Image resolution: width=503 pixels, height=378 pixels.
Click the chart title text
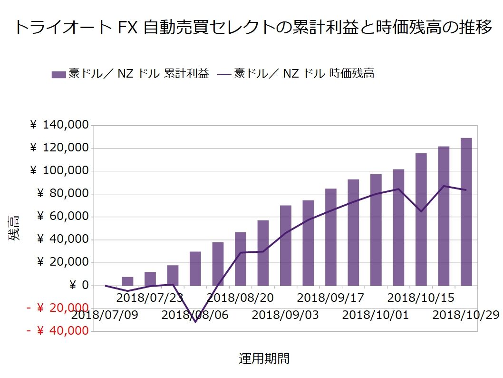[x=252, y=28]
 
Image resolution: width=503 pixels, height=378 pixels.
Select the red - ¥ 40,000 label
[x=58, y=330]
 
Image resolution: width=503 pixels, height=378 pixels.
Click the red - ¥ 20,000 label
[x=58, y=308]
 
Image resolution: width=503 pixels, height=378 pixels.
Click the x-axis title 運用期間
[x=264, y=358]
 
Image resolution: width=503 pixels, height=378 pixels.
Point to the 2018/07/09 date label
[x=105, y=315]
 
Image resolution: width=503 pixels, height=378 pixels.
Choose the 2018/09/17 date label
[x=330, y=298]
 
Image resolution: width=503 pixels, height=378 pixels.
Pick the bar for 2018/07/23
[x=150, y=279]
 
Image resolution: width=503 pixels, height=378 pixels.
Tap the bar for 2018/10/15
[x=421, y=219]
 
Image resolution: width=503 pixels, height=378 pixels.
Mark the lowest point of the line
[x=195, y=322]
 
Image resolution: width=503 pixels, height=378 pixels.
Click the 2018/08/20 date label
[x=240, y=298]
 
